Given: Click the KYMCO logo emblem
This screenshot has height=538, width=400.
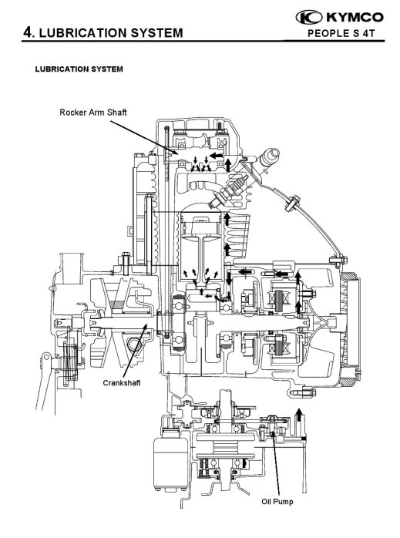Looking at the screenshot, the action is coord(309,17).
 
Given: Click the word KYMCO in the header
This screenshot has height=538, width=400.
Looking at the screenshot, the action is coord(355,17).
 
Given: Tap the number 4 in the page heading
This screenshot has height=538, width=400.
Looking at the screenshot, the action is coord(28,32).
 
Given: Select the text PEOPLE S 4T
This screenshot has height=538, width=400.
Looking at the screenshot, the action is coord(341,34).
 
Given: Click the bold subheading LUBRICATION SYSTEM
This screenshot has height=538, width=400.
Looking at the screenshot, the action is coord(79,69).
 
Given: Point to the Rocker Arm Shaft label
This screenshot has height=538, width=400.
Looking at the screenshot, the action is coord(93,113).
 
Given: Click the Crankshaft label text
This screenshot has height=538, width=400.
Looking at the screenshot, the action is coord(122,382).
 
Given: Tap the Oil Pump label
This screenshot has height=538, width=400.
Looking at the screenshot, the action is coord(277,502).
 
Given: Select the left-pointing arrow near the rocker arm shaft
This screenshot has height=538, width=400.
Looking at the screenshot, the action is coord(216,156).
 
